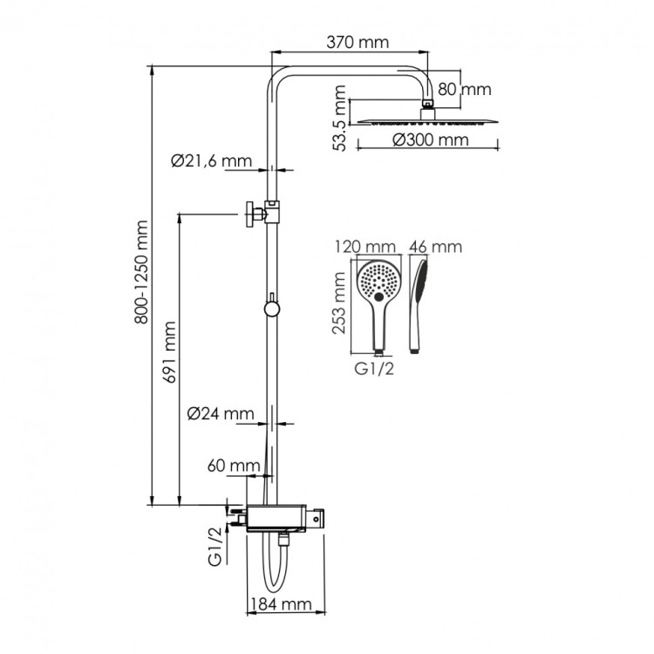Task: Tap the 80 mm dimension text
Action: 465,89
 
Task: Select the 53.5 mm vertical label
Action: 341,119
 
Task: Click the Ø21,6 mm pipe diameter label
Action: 212,160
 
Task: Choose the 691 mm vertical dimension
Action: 172,352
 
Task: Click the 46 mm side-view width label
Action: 434,247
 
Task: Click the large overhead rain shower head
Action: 427,121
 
